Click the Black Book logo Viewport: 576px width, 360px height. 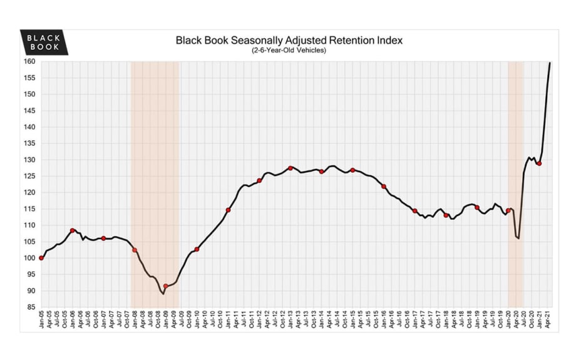pyautogui.click(x=44, y=42)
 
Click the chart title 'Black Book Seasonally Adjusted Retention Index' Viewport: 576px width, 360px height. pyautogui.click(x=289, y=41)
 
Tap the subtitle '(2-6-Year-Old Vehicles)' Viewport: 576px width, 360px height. pyautogui.click(x=289, y=51)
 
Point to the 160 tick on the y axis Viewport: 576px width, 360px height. pyautogui.click(x=29, y=61)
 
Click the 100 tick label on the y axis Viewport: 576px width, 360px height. pyautogui.click(x=29, y=258)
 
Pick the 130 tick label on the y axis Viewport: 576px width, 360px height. pyautogui.click(x=29, y=160)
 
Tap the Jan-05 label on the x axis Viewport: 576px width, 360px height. pyautogui.click(x=41, y=321)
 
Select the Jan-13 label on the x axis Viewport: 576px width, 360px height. pyautogui.click(x=291, y=321)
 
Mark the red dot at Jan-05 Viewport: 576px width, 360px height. pyautogui.click(x=41, y=258)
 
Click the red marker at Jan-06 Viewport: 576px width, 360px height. pyautogui.click(x=73, y=230)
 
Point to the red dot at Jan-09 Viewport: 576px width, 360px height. pyautogui.click(x=166, y=286)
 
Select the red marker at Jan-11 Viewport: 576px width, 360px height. pyautogui.click(x=228, y=210)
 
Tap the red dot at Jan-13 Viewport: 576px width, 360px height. pyautogui.click(x=291, y=168)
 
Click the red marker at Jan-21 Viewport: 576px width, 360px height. pyautogui.click(x=539, y=163)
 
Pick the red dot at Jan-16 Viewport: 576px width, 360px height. pyautogui.click(x=384, y=187)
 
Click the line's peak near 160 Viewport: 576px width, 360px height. pyautogui.click(x=550, y=63)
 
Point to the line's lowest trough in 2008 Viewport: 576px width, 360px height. pyautogui.click(x=163, y=293)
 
